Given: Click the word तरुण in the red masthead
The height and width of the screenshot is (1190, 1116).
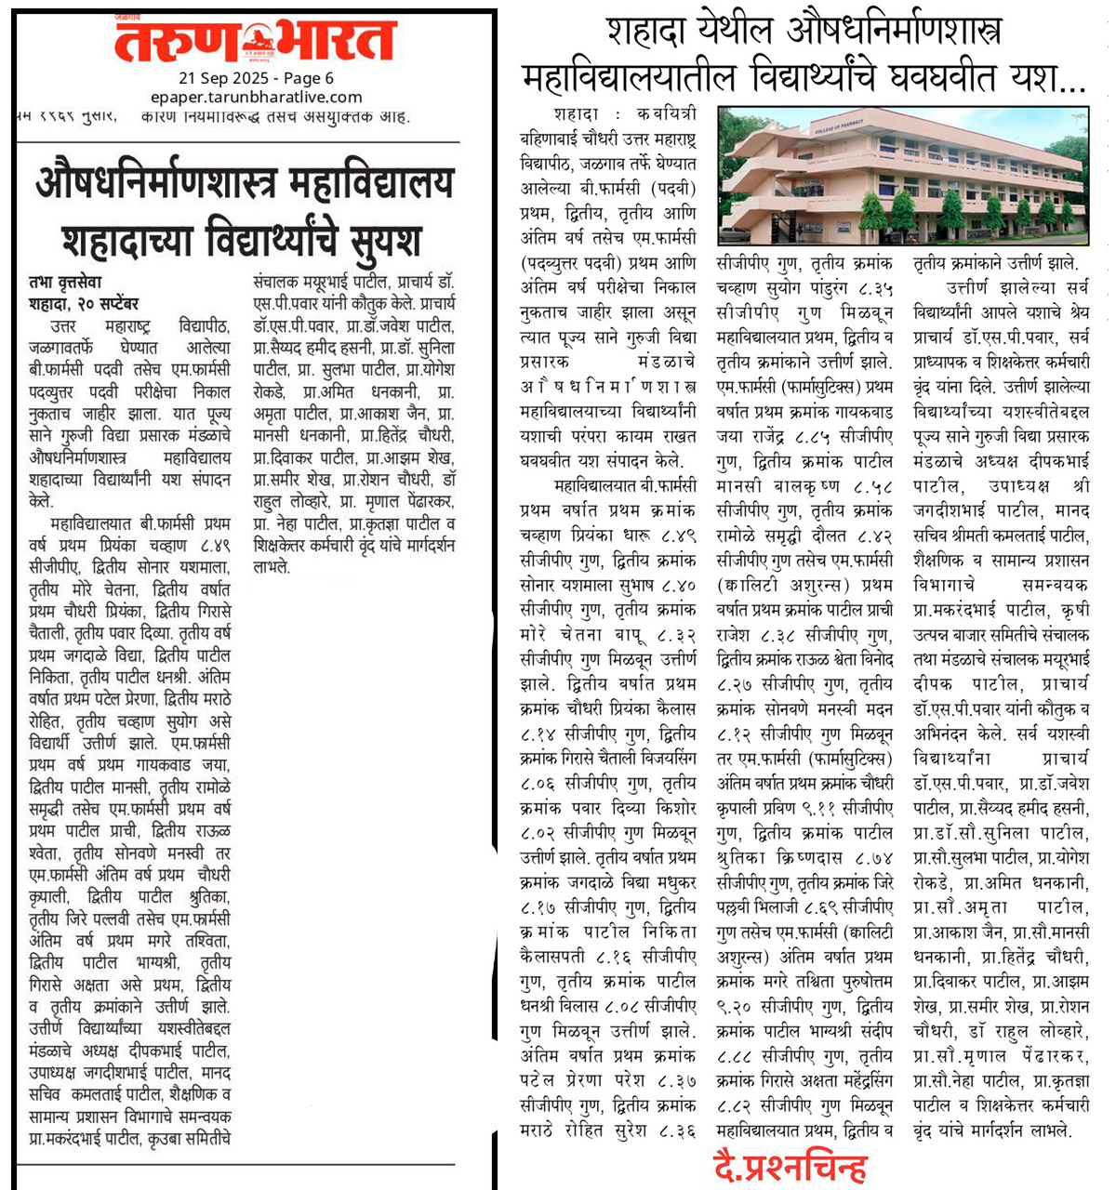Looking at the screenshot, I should (x=176, y=43).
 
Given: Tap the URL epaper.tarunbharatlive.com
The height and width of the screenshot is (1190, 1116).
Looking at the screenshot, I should (x=256, y=97).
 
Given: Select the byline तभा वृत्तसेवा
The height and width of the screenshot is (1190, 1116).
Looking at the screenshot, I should (x=65, y=282).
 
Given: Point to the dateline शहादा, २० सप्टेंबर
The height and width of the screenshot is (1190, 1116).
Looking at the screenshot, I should (x=84, y=304).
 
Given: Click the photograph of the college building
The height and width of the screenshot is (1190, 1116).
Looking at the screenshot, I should (x=902, y=175).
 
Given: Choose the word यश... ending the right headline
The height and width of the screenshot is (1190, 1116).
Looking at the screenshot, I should (x=1046, y=76).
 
